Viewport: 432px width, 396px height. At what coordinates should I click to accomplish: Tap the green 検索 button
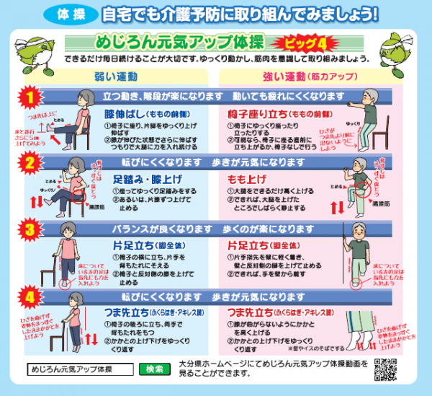coord(155,369)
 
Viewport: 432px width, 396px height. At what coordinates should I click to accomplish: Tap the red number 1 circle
coord(28,96)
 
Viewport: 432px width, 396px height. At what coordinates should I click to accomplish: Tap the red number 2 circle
coord(28,164)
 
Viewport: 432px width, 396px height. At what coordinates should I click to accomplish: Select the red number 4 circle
coord(28,296)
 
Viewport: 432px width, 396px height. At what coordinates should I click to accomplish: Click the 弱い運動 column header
coord(117,76)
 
